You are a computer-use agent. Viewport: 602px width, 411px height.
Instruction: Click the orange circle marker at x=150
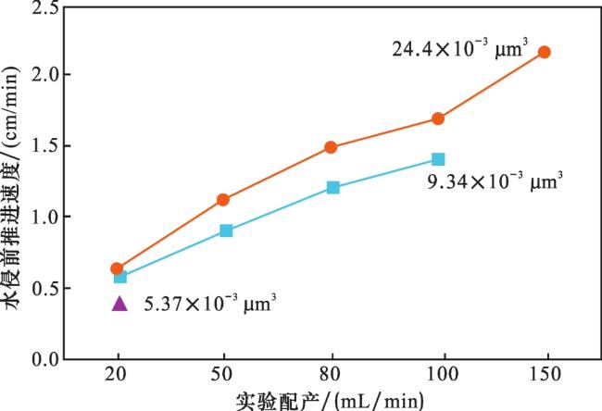[x=545, y=52]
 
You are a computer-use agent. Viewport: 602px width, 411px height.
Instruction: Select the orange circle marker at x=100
[x=438, y=118]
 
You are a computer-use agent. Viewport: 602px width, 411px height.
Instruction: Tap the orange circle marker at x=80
[x=331, y=147]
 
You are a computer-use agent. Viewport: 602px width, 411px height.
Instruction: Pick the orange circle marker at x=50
[x=223, y=199]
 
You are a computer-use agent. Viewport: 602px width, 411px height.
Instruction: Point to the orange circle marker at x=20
[x=117, y=268]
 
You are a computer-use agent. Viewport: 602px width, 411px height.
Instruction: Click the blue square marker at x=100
[x=438, y=159]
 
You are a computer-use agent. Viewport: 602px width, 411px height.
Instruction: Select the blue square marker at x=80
[x=332, y=188]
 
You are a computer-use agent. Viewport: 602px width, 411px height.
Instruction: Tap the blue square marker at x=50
[x=226, y=230]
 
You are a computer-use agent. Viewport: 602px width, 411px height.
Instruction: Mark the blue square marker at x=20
[x=119, y=276]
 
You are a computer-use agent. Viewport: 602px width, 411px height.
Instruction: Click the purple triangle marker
[x=118, y=303]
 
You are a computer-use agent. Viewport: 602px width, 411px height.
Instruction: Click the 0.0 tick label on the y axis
[x=40, y=359]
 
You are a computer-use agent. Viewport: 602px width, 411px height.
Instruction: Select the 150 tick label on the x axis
[x=545, y=379]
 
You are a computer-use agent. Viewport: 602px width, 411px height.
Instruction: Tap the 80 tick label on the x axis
[x=331, y=379]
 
